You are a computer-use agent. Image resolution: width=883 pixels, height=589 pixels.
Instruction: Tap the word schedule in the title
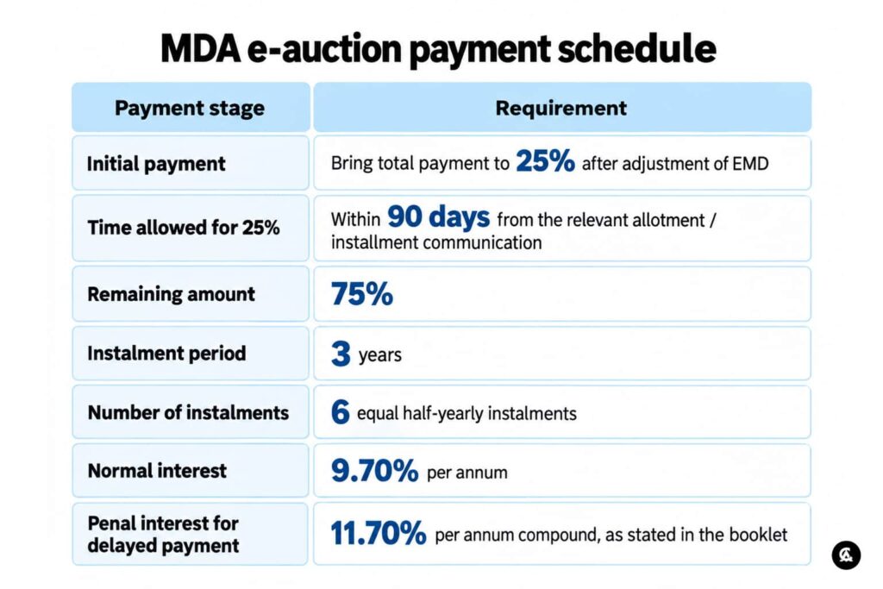tap(637, 48)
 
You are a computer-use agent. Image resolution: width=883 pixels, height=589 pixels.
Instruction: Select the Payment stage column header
tap(190, 108)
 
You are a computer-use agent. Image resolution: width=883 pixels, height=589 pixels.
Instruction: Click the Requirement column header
tap(560, 108)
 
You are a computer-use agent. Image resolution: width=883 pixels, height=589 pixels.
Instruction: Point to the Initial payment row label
tap(156, 164)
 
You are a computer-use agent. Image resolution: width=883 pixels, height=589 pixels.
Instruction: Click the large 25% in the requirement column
tap(545, 161)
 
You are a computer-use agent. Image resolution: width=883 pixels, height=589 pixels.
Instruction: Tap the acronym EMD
tap(750, 164)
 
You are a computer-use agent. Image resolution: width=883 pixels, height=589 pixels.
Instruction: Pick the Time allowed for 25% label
tap(184, 228)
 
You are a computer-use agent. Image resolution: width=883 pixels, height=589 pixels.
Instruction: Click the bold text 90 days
tap(439, 216)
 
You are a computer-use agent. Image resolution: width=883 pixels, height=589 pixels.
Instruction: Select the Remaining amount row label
tap(172, 294)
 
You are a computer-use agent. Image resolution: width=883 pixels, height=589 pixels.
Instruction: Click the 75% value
tap(362, 294)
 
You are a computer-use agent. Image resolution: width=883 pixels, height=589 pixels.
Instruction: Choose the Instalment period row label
tap(166, 353)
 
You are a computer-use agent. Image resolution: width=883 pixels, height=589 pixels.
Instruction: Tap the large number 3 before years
tap(341, 354)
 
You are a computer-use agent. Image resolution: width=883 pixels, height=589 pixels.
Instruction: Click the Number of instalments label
tap(188, 413)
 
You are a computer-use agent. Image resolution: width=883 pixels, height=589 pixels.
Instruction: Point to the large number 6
tap(340, 412)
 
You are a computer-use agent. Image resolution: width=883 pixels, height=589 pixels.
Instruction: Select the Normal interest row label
tap(157, 471)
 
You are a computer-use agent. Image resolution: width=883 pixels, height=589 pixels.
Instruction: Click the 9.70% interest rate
tap(374, 471)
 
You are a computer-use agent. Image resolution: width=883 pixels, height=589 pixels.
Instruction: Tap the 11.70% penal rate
tap(379, 533)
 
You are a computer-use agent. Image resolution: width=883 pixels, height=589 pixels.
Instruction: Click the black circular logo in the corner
tap(846, 555)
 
